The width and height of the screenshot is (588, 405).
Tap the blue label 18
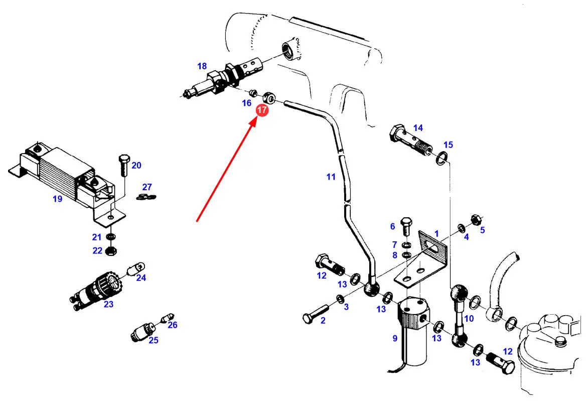coord(202,66)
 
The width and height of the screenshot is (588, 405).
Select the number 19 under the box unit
coord(58,199)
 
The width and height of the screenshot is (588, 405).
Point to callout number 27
coord(146,186)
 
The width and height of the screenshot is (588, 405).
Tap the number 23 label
coord(108,304)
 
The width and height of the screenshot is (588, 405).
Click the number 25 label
coord(153,340)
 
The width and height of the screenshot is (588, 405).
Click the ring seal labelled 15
coord(441,158)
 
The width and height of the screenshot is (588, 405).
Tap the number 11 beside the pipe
coord(330,177)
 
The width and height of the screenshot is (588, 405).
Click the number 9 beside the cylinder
coord(395,338)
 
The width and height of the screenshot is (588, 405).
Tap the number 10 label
coord(469,319)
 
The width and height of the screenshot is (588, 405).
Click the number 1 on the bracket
coord(436,234)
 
